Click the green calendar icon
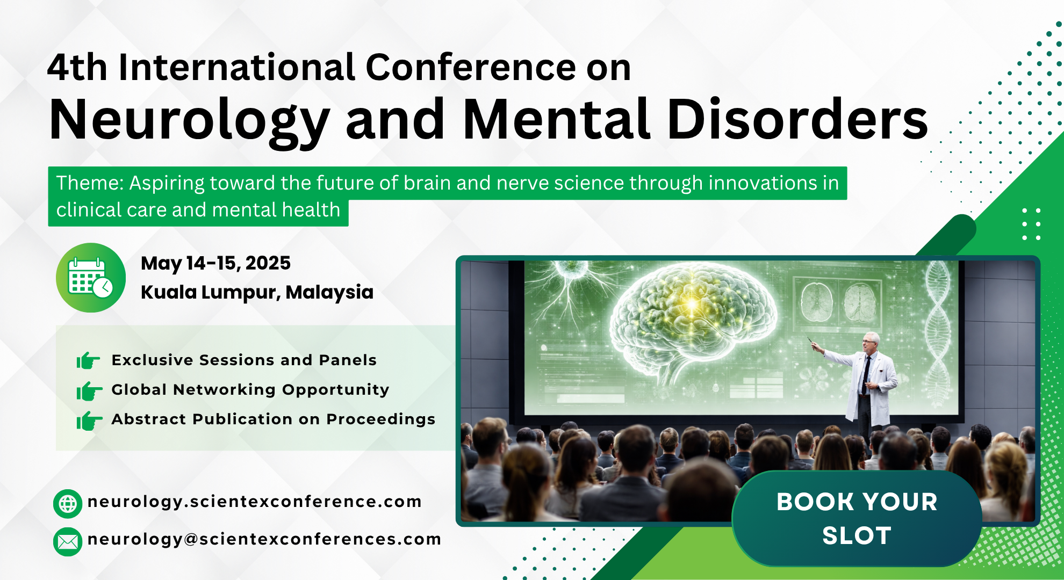click(x=91, y=278)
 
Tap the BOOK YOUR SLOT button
click(x=857, y=518)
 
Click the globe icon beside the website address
click(x=68, y=504)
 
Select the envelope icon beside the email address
click(x=68, y=541)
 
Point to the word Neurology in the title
click(x=189, y=121)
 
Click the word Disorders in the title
click(x=797, y=119)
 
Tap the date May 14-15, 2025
click(x=215, y=263)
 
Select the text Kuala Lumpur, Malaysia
click(x=257, y=292)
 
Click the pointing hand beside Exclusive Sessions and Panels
click(x=89, y=360)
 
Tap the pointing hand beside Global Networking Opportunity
click(x=89, y=390)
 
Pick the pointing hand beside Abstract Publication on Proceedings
click(x=89, y=421)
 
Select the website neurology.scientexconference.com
click(x=254, y=502)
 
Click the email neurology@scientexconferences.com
click(x=264, y=539)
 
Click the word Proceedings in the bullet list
click(x=381, y=419)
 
